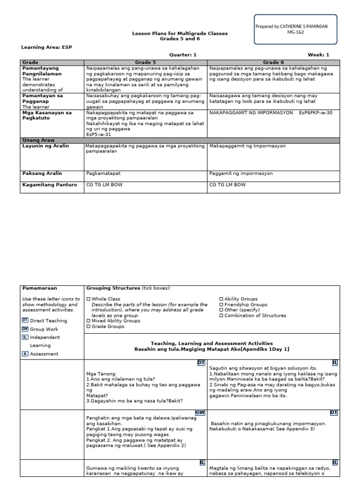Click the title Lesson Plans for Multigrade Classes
(x=179, y=34)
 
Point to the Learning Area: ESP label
(x=47, y=47)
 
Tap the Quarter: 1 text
(x=183, y=55)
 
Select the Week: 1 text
(x=318, y=55)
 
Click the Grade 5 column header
(x=146, y=62)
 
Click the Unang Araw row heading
(x=39, y=140)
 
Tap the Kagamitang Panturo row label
(x=50, y=185)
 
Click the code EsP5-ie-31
(x=99, y=134)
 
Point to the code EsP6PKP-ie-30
(x=315, y=112)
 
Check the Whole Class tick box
(x=88, y=299)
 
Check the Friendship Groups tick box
(x=221, y=305)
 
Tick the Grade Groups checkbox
(x=88, y=327)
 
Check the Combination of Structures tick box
(x=221, y=316)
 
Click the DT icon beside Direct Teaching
(x=25, y=321)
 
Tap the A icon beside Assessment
(x=25, y=354)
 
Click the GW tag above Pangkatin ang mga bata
(x=200, y=412)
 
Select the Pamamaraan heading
(x=40, y=288)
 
